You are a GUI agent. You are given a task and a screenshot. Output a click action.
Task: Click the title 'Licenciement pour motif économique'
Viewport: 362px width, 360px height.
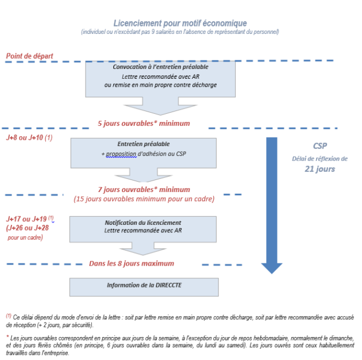point(180,24)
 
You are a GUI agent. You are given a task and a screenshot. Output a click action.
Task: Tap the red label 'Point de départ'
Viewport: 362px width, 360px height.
point(29,56)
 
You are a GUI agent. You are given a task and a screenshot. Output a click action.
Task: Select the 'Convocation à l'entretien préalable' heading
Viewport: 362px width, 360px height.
point(160,67)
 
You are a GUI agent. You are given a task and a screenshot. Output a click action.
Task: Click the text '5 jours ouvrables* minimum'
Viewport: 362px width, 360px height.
point(144,124)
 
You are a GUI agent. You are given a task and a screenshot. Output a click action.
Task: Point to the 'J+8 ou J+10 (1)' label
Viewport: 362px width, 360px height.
point(29,137)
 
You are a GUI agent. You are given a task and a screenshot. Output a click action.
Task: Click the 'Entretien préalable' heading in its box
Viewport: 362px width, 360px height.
point(144,144)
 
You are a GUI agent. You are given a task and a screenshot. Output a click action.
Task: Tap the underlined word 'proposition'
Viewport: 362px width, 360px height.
point(121,154)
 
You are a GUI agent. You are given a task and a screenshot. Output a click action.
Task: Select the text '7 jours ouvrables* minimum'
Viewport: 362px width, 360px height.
point(144,190)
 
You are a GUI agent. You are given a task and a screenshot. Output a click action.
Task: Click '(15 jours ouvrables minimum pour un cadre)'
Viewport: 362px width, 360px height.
point(144,199)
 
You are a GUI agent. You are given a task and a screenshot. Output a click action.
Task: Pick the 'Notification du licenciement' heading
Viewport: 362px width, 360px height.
point(143,223)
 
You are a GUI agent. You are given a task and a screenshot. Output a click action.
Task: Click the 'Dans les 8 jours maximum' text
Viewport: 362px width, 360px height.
point(132,263)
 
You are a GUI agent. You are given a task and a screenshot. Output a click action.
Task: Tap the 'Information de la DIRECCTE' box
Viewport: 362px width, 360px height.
point(144,287)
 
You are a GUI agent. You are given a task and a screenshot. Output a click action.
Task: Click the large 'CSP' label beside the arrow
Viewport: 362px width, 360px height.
point(320,146)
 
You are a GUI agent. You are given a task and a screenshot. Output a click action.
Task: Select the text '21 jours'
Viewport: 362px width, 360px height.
point(319,169)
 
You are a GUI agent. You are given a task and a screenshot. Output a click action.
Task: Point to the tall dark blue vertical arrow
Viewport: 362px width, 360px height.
point(272,205)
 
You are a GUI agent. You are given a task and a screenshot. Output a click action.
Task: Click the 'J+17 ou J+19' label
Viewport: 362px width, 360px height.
point(26,219)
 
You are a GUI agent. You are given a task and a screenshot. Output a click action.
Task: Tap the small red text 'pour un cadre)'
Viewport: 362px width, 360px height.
point(25,238)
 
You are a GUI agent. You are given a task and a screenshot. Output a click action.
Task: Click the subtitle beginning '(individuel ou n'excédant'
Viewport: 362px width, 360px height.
point(180,32)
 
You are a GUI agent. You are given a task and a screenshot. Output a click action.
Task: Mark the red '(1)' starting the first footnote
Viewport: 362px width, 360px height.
point(9,316)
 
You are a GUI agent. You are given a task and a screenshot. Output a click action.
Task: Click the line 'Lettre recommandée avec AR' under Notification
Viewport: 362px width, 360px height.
point(143,231)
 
